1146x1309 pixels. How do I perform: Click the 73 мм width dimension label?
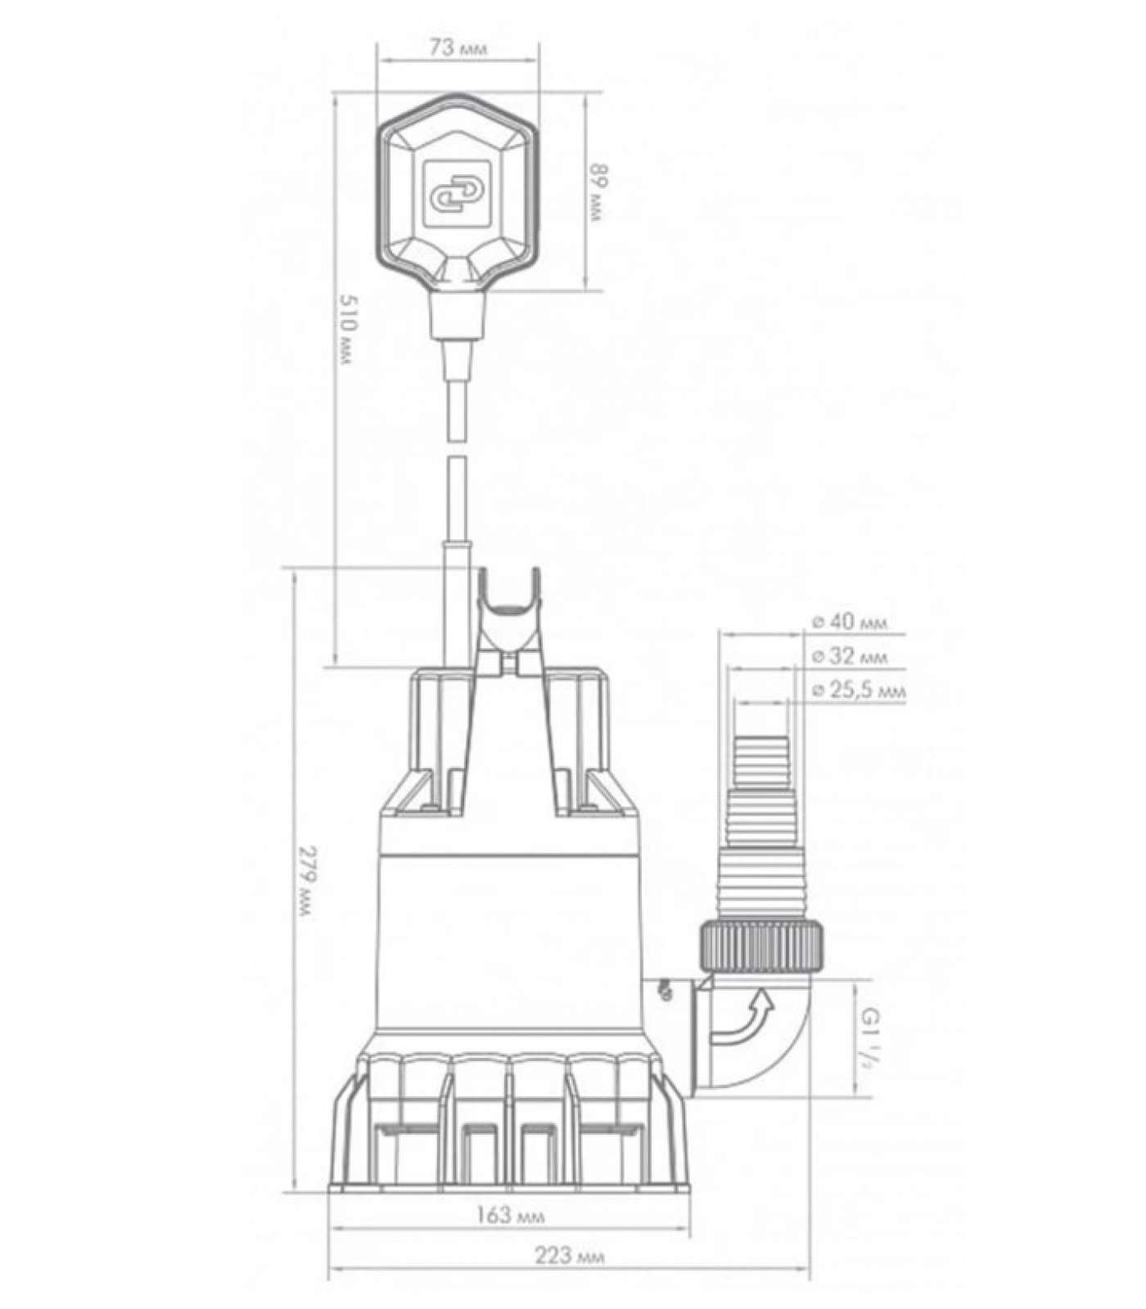tap(458, 47)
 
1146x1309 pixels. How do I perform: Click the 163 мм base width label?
tap(511, 1215)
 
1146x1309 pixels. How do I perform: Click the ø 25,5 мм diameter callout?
tap(859, 690)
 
